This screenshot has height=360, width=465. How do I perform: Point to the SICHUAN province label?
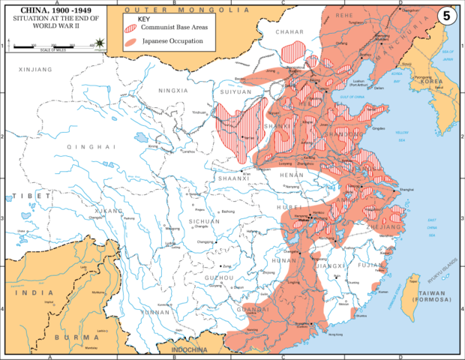click(204, 222)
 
